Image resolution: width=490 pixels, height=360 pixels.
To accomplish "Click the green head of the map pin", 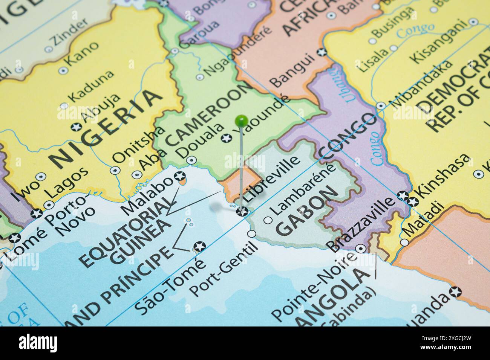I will click(241, 121).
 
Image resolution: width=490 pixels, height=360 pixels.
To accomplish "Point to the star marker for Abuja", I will click(77, 126).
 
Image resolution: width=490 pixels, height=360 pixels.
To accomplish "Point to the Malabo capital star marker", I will click(180, 176).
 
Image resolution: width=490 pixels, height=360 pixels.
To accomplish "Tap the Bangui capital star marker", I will click(321, 52).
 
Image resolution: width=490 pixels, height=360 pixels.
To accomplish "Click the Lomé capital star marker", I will click(15, 238).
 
